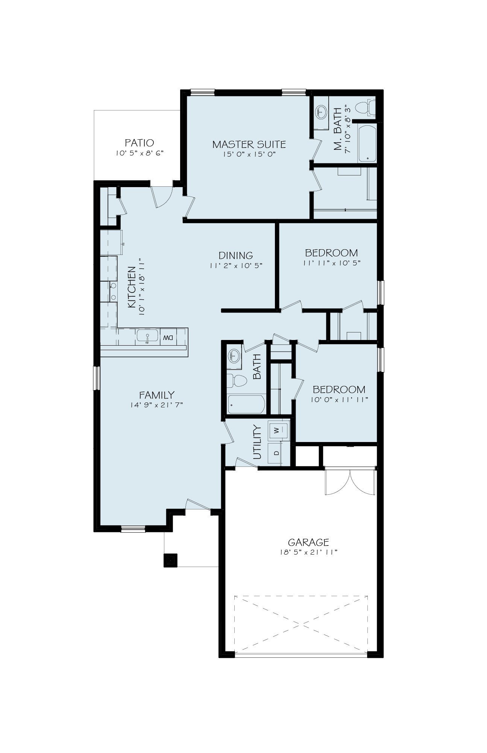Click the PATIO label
(139, 143)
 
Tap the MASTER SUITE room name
(249, 144)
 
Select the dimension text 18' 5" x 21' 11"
(308, 552)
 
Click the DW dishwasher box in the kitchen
(168, 338)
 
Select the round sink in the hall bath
(234, 355)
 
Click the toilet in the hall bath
(237, 381)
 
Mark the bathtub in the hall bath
(246, 404)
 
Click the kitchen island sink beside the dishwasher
(148, 336)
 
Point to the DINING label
(236, 256)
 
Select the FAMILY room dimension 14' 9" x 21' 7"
(156, 405)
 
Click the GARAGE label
(308, 542)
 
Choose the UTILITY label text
(257, 442)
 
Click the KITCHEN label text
(132, 287)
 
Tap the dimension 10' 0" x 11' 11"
(339, 399)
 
